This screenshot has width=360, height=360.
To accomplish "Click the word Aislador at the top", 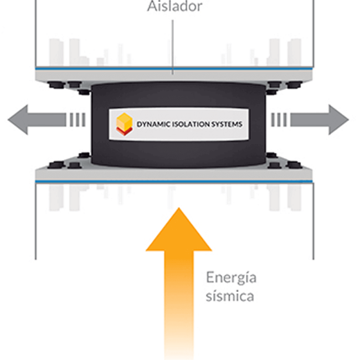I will [x=174, y=7].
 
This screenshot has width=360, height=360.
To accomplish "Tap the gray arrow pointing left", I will [x=33, y=119].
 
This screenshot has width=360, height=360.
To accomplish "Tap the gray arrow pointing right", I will [x=321, y=119].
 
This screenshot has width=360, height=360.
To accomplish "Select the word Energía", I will [x=232, y=277].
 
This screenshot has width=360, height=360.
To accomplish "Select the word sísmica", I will [x=229, y=296].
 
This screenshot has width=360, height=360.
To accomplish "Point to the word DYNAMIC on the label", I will [x=153, y=125].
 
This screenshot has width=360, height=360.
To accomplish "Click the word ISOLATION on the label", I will [x=191, y=125].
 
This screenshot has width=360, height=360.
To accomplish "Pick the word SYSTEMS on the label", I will [x=227, y=125].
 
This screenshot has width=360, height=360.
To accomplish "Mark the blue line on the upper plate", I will [x=174, y=69].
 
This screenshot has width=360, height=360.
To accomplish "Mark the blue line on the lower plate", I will [x=174, y=181].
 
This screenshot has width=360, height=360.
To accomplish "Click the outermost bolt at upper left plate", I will [x=54, y=85].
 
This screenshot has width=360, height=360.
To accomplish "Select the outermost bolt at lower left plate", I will [x=54, y=165].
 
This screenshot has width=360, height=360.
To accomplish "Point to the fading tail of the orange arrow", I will [x=179, y=338].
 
